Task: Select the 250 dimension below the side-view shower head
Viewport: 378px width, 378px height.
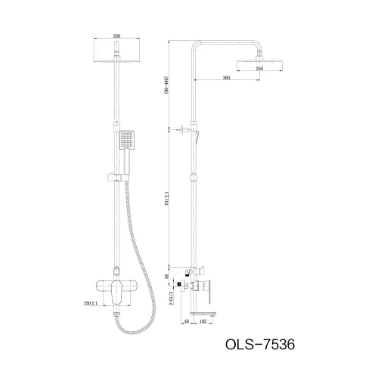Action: tap(259, 68)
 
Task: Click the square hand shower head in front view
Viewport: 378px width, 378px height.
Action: tap(127, 140)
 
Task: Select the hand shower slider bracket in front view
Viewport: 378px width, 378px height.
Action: tap(115, 179)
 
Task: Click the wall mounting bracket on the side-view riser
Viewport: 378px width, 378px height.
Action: tap(184, 130)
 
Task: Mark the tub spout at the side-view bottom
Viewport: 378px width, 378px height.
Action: tap(207, 311)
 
